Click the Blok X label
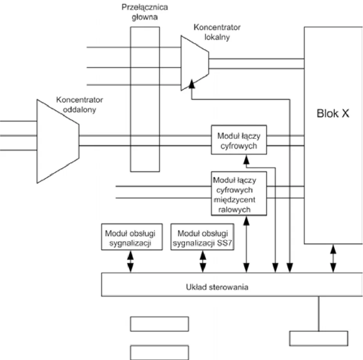pos(333,113)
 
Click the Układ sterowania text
pos(217,287)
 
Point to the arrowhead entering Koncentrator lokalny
pos(191,84)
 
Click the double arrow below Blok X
pos(333,258)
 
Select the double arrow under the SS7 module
pos(203,261)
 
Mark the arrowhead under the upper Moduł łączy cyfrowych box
pos(246,160)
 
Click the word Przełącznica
pos(145,7)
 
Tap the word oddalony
pos(80,109)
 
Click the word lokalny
pos(217,37)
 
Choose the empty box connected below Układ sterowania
pos(319,338)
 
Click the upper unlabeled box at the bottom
pos(160,324)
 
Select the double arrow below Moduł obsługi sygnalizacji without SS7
pos(130,261)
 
